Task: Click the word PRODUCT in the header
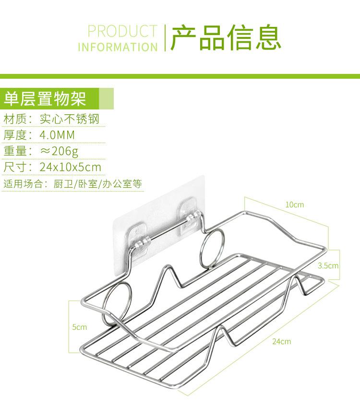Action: [122, 31]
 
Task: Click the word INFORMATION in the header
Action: [118, 47]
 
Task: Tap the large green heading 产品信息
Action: [226, 37]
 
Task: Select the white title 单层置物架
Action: [45, 98]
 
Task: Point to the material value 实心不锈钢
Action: [70, 119]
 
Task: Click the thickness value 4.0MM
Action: [58, 135]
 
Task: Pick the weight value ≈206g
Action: [59, 151]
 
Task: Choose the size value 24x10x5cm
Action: [71, 167]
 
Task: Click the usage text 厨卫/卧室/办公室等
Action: [97, 184]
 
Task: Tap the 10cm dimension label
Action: [295, 205]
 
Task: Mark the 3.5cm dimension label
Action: [328, 266]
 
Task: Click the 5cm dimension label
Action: [80, 327]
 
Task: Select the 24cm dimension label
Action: [282, 341]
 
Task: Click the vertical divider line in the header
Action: [165, 37]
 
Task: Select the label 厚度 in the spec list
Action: [15, 135]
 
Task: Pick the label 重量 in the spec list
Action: [15, 151]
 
